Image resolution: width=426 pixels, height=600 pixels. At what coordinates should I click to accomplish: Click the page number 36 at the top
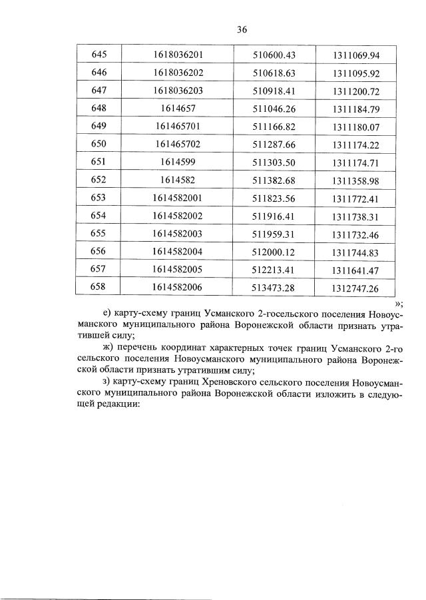[x=242, y=29]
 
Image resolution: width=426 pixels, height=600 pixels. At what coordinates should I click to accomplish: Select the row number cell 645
[x=90, y=55]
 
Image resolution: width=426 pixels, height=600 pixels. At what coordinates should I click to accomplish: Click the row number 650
[x=90, y=143]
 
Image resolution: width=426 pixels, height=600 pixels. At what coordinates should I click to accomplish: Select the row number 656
[x=90, y=251]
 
